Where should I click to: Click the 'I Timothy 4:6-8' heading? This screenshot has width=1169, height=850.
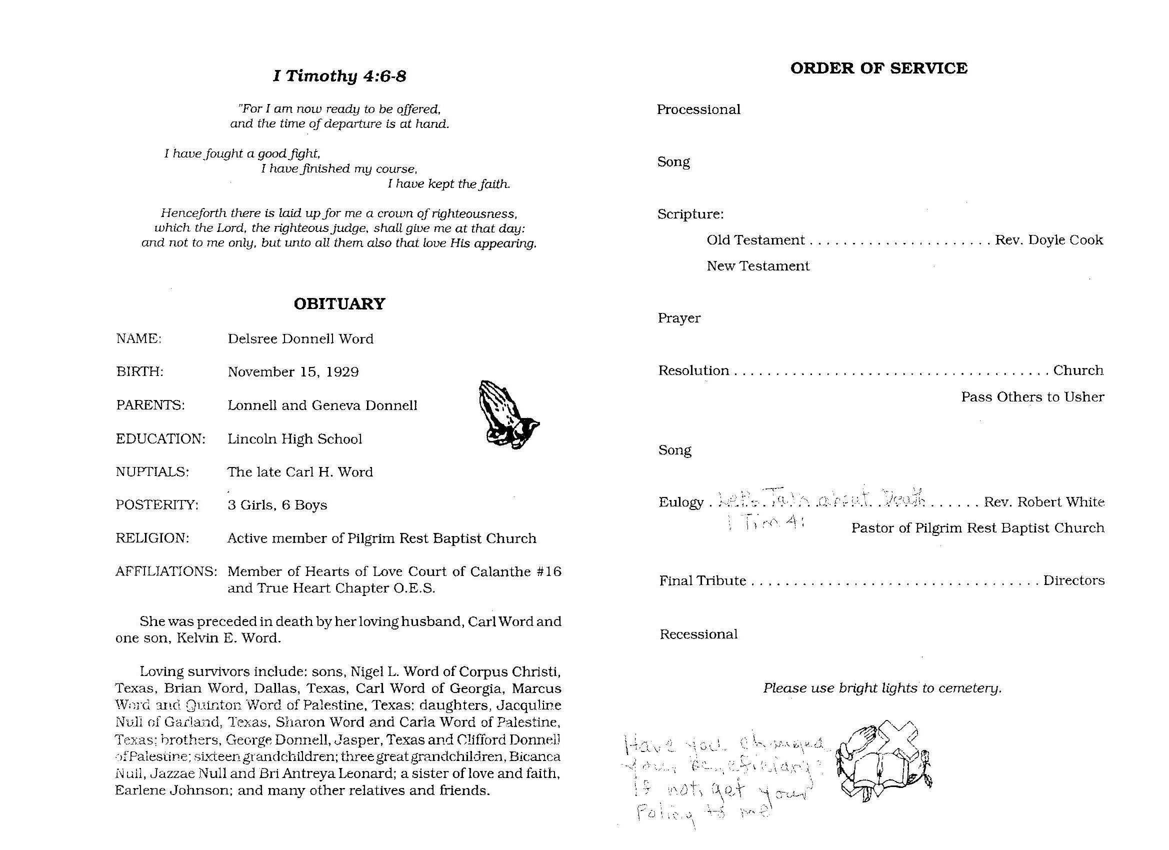pos(339,76)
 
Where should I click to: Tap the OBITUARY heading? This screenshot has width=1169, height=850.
pos(339,303)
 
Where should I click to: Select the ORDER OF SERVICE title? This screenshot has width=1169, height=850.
pos(878,68)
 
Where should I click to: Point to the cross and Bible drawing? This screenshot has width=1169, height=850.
pos(884,762)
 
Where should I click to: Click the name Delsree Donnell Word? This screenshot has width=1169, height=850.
pos(300,338)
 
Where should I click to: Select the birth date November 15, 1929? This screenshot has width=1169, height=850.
pos(293,371)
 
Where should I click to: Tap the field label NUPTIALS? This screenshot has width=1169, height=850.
pos(152,471)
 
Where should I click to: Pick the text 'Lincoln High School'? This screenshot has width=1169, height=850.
pos(295,438)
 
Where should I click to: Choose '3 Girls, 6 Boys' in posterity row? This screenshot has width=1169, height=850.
pos(277,504)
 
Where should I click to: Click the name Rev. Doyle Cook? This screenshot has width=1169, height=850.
pos(1048,239)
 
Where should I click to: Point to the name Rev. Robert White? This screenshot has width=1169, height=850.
pos(1044,501)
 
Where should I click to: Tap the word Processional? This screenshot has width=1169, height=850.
pos(698,109)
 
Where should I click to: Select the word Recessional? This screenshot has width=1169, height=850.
pos(698,634)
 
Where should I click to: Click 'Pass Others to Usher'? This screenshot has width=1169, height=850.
pos(1032,397)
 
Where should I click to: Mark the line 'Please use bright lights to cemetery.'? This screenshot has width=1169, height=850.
pos(882,688)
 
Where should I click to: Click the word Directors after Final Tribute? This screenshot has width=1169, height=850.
pos(1073,580)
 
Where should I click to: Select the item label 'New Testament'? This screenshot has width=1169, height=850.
pos(757,266)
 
